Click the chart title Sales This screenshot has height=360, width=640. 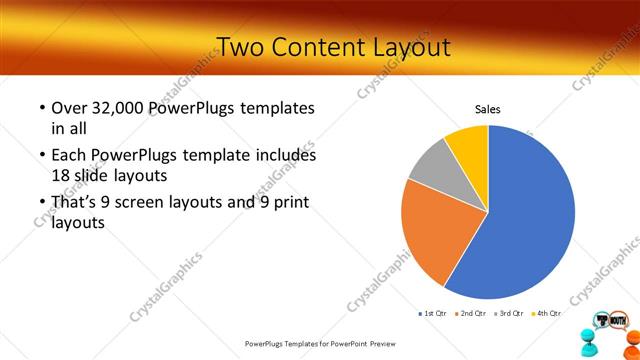(487, 110)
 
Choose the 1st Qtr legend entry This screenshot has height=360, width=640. (433, 314)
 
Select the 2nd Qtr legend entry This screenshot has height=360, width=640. (471, 314)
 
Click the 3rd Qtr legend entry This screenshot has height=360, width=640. (509, 314)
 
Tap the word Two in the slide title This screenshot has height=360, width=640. (240, 47)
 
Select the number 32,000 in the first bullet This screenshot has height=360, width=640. (124, 108)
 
